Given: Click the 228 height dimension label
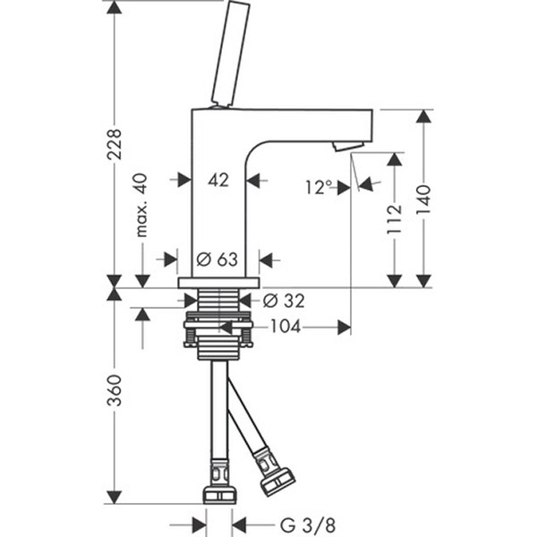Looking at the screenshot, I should tap(114, 143).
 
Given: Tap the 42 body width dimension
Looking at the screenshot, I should tap(218, 180).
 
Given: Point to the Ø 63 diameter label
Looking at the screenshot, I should tap(217, 260).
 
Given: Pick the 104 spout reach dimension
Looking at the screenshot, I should tap(286, 328).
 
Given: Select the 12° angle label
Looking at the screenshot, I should tap(318, 187).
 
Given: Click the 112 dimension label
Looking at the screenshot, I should tap(395, 219).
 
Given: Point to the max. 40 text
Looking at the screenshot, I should tap(142, 206).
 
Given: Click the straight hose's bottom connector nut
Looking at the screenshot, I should tap(218, 493).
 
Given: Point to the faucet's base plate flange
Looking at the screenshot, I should tap(218, 283).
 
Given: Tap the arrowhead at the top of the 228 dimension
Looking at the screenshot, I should tap(114, 7).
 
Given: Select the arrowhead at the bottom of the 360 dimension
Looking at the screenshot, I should tap(114, 497).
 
